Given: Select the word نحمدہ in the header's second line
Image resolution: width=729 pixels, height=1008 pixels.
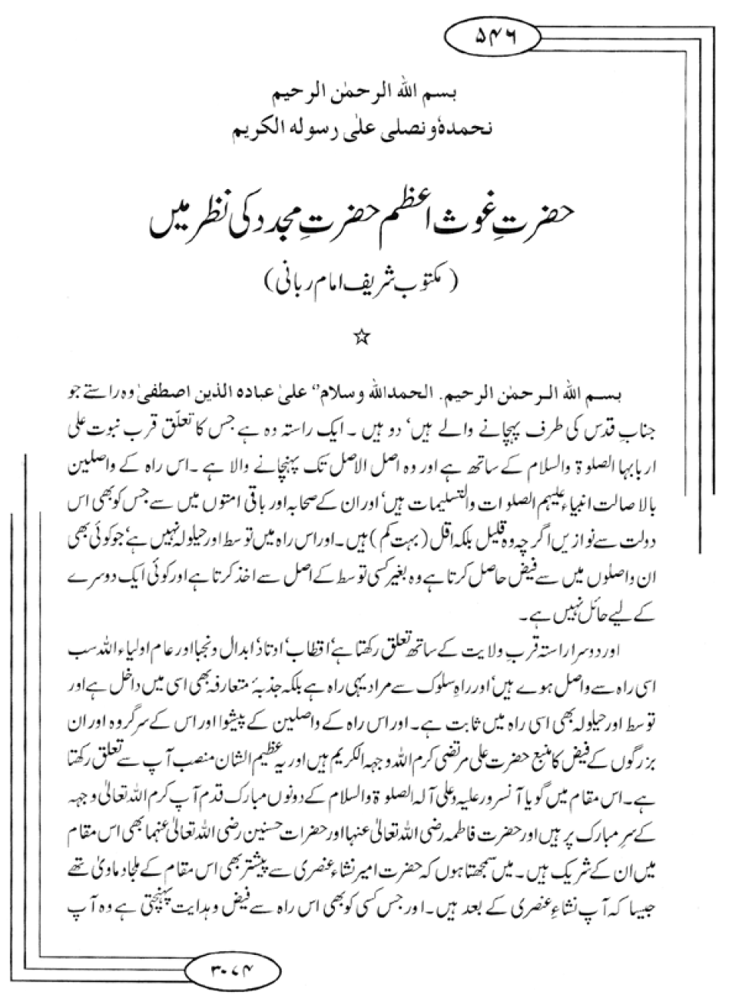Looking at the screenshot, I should (x=475, y=129).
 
